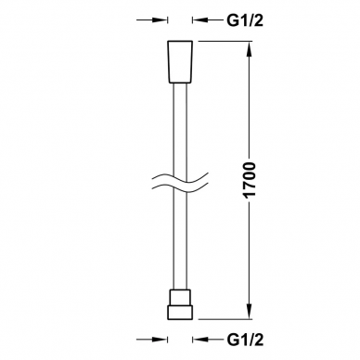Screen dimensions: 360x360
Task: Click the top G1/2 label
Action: [245, 20]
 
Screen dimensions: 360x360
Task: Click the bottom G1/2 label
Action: [245, 340]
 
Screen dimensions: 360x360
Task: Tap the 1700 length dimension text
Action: [250, 180]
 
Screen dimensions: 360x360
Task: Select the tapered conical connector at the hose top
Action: [180, 62]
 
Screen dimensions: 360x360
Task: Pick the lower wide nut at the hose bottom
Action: [180, 312]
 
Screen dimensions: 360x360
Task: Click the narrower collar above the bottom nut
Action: [180, 298]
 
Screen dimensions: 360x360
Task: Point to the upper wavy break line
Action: [180, 178]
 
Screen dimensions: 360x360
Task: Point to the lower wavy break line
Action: [180, 187]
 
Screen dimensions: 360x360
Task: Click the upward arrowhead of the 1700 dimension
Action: [250, 48]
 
